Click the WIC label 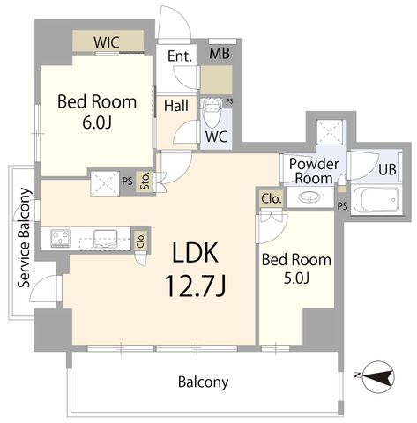107,42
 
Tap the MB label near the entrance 220,54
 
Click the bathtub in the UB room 376,200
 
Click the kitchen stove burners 60,238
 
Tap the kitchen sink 105,239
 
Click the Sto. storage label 145,182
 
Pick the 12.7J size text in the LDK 196,286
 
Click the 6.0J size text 97,123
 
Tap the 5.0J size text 296,278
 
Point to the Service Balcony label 25,238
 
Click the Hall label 176,106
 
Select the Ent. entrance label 180,56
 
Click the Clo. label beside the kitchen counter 141,241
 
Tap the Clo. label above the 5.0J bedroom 272,199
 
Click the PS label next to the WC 229,101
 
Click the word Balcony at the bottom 204,382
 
